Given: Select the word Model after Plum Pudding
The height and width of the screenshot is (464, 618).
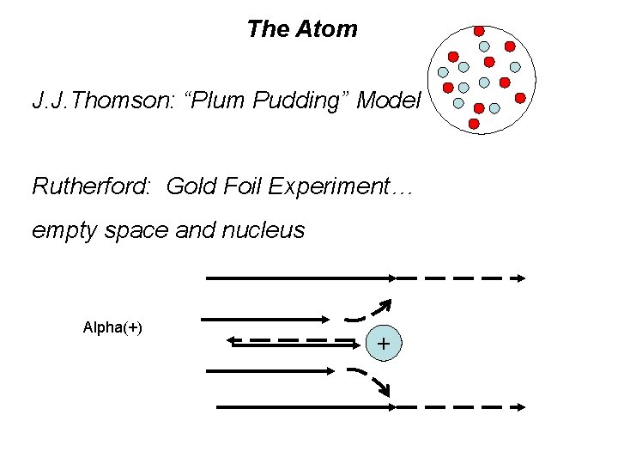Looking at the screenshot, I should coord(389,101).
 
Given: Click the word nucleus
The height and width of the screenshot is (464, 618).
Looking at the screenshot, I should coord(266,230).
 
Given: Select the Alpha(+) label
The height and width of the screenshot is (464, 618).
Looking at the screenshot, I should coord(112,327).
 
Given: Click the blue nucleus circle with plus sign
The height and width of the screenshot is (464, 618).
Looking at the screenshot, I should coord(383,344).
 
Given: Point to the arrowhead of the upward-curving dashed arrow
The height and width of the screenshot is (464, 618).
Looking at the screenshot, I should coord(385,304).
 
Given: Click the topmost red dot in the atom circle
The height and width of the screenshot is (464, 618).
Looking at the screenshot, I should coord(479,31).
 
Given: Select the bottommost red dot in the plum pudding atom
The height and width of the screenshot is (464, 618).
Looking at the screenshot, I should coord(474,124).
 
